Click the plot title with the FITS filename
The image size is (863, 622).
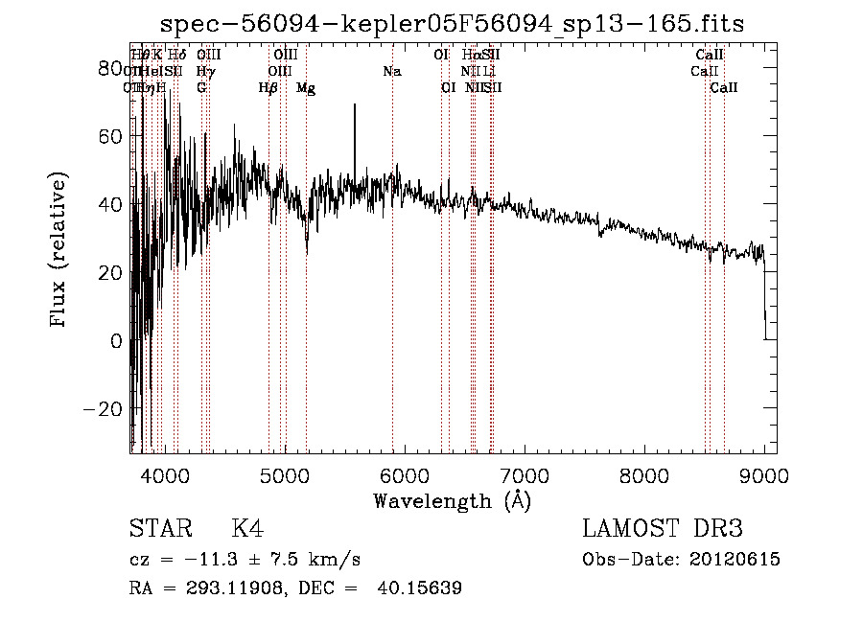coord(452,23)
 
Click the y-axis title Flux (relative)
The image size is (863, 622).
coord(59,251)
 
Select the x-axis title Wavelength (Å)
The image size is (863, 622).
coord(452,500)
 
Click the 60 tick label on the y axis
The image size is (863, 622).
coord(111,136)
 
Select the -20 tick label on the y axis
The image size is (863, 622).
coord(105,408)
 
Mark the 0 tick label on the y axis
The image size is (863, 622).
coord(117,340)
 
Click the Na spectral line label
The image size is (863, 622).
coord(391,71)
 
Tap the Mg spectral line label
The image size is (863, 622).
coord(306,88)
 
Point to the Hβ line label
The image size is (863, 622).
coord(268,88)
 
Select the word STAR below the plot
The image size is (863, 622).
coord(158,529)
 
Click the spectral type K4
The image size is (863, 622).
coord(247,529)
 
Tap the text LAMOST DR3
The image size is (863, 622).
coord(663,529)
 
